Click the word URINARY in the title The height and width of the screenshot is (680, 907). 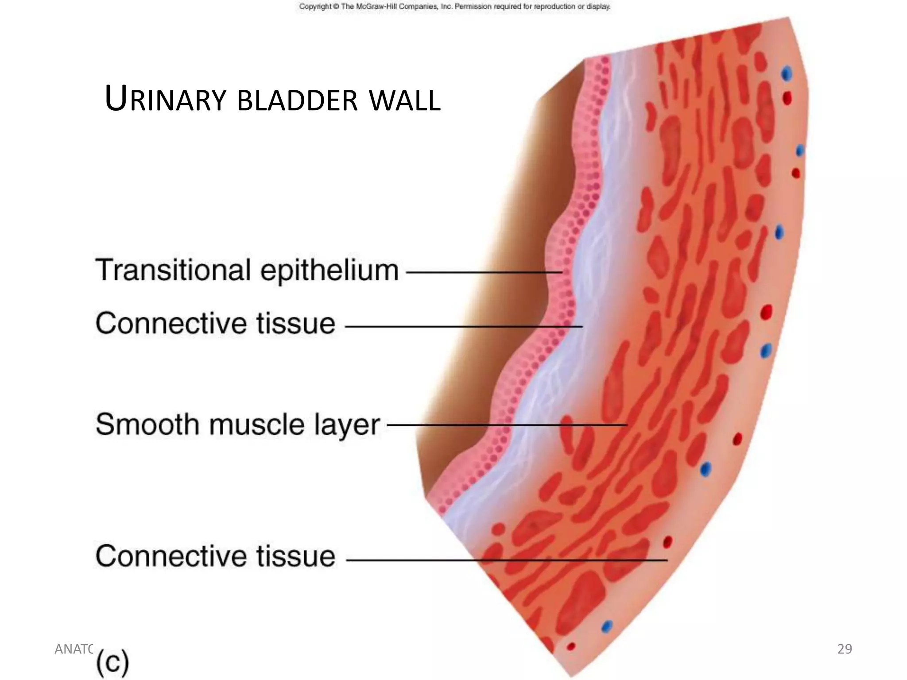(165, 100)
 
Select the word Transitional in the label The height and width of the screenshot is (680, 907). (173, 270)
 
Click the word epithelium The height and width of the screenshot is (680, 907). (329, 271)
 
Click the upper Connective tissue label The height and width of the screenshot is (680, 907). (215, 323)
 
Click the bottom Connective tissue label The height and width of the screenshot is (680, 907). (215, 556)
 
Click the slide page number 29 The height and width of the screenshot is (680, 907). (845, 649)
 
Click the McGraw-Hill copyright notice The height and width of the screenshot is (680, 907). (454, 7)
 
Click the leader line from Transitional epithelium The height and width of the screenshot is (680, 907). (483, 272)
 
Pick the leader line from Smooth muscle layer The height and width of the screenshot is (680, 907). (505, 425)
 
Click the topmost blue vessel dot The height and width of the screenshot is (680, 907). (787, 73)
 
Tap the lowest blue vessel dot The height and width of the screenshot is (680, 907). (607, 627)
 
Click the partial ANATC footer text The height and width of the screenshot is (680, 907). (73, 649)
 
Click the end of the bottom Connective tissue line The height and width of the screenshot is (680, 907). (666, 560)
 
